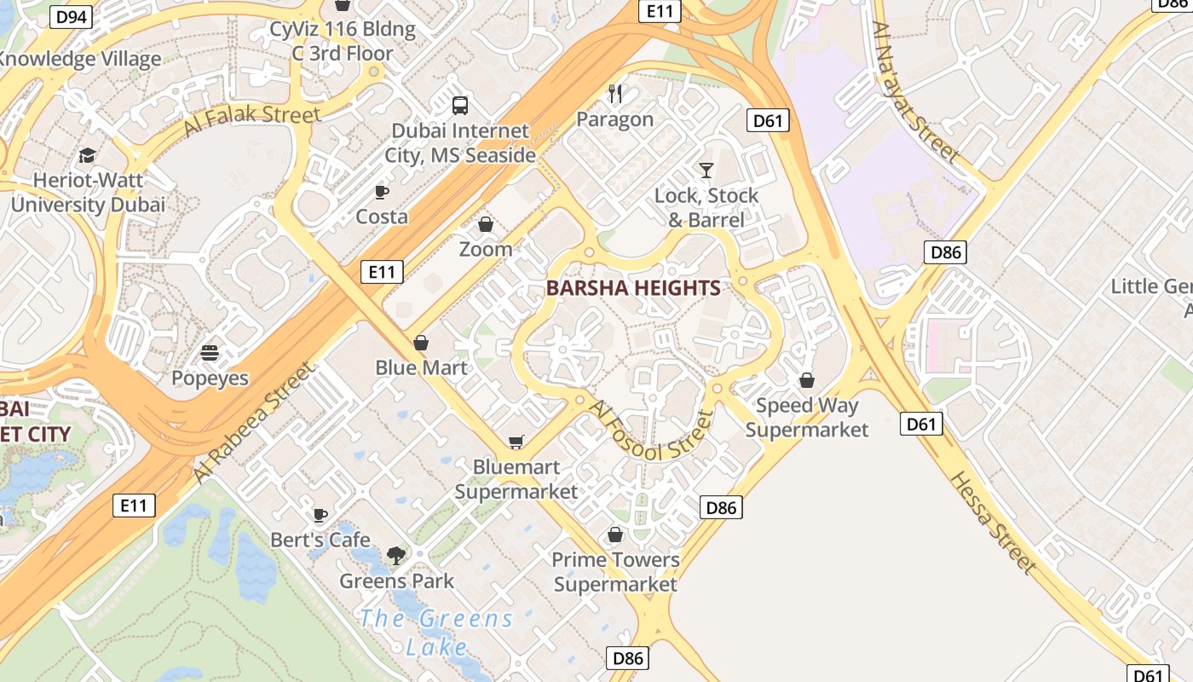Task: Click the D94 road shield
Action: [x=72, y=16]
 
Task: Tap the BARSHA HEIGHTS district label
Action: [x=633, y=288]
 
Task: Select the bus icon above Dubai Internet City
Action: [x=460, y=106]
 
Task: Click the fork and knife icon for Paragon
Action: [x=615, y=94]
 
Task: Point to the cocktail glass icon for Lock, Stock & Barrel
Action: [x=706, y=170]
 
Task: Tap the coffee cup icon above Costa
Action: [x=382, y=192]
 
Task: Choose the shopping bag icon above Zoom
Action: [x=486, y=224]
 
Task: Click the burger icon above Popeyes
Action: [x=210, y=353]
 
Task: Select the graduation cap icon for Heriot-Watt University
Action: [x=88, y=155]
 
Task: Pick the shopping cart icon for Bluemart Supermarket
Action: [x=516, y=442]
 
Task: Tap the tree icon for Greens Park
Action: [x=396, y=556]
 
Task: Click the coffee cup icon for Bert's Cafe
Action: [x=320, y=515]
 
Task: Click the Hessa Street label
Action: [x=994, y=522]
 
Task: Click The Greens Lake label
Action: [x=436, y=633]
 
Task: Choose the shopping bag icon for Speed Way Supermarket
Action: [x=807, y=380]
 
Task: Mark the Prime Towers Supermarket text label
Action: [x=615, y=572]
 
